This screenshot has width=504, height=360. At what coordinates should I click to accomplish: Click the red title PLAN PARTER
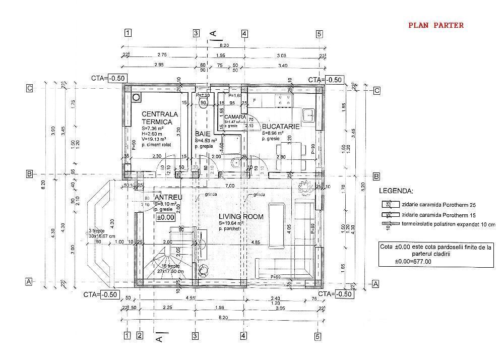click(435, 25)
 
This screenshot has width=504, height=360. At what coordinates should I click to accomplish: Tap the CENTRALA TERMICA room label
click(160, 118)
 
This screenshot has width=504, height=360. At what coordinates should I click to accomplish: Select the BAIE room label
click(203, 134)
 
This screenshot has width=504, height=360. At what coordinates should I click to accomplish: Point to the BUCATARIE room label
click(281, 126)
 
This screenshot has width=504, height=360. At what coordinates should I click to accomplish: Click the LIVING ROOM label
click(241, 217)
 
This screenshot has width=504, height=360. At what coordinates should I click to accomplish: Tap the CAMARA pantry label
click(235, 117)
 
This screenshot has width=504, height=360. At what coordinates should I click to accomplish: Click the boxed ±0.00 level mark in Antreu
click(165, 217)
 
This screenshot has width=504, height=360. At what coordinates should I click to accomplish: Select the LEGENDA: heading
click(397, 192)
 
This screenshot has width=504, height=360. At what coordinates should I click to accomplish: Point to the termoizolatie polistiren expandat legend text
click(448, 224)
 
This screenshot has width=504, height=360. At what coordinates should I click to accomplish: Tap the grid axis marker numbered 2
click(140, 335)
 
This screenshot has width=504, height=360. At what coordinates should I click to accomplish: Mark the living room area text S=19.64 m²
click(232, 223)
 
